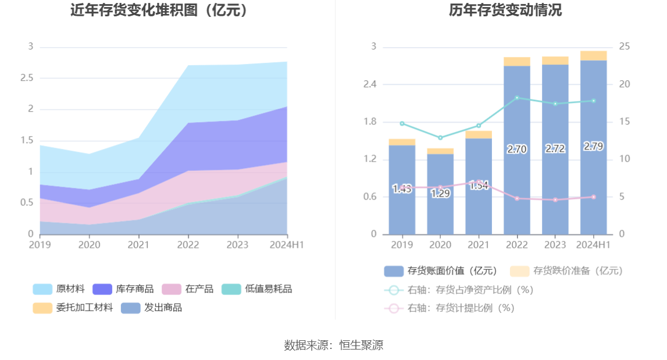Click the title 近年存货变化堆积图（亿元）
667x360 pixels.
coord(159,10)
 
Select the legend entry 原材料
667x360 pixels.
coord(59,289)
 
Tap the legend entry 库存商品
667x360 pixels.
coord(123,289)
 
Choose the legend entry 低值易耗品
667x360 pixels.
coord(256,289)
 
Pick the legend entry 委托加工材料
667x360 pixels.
coord(73,308)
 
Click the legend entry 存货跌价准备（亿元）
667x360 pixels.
coord(566,270)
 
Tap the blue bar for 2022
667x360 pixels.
coord(517,174)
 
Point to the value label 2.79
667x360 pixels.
coord(593,147)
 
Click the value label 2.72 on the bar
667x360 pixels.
coord(555,149)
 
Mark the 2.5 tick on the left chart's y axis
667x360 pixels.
coord(27,78)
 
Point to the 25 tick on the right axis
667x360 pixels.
coord(625,47)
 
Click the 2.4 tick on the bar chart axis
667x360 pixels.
coord(370,84)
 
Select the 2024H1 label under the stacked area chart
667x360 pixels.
coord(286,245)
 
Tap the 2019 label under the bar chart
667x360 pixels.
coord(402,245)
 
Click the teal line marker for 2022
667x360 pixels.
coord(517,98)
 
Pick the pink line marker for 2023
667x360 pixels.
coord(555,200)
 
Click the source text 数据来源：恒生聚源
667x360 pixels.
coord(333,345)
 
